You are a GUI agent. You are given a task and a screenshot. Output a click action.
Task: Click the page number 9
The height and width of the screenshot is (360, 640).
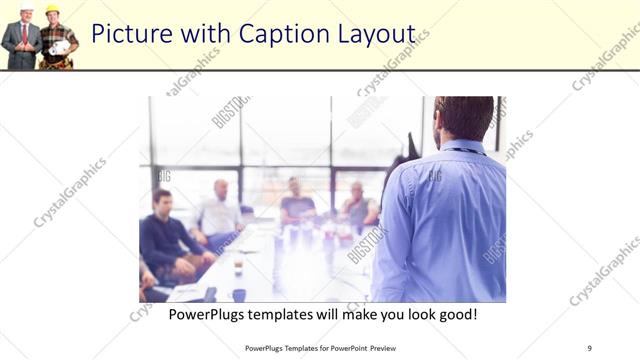pyautogui.click(x=589, y=347)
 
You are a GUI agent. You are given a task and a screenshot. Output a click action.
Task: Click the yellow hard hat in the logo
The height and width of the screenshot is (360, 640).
pyautogui.click(x=52, y=10)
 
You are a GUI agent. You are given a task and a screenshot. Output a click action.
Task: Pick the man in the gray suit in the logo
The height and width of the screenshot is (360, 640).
pyautogui.click(x=22, y=40)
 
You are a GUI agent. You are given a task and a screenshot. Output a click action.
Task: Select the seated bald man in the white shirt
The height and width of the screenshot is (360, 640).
pyautogui.click(x=219, y=210)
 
